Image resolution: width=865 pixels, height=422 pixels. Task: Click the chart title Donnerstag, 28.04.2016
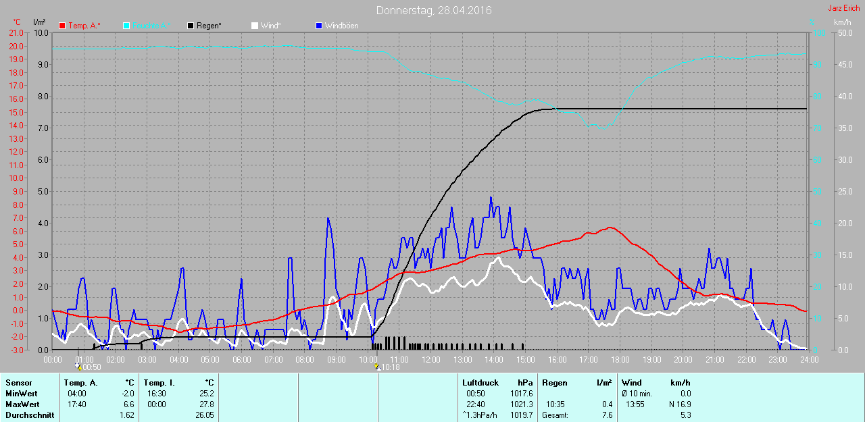tap(434, 10)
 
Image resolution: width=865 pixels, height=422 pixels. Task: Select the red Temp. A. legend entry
tap(80, 26)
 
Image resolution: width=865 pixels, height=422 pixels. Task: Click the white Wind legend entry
tap(270, 26)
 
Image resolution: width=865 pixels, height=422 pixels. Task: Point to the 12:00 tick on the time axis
tap(431, 359)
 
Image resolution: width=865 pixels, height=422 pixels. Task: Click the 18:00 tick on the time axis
tap(620, 359)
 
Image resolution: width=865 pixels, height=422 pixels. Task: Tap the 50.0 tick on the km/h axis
tap(844, 32)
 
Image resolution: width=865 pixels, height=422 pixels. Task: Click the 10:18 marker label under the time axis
tap(390, 367)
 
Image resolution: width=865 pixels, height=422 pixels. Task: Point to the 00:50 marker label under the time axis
tap(91, 367)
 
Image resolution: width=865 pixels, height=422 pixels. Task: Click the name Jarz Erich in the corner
tap(843, 8)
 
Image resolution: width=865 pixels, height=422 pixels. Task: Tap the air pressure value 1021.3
tap(522, 404)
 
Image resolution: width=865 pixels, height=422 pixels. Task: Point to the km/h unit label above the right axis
tap(842, 22)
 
